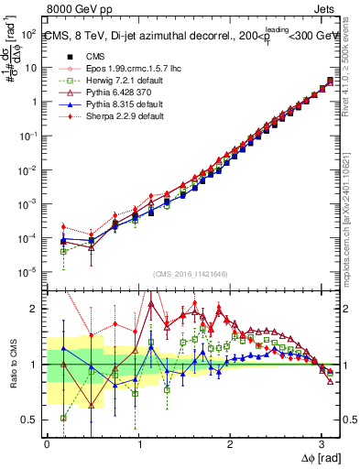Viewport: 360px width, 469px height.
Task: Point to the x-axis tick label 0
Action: coord(47,443)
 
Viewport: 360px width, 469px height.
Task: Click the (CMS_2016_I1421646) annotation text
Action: coord(189,273)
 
